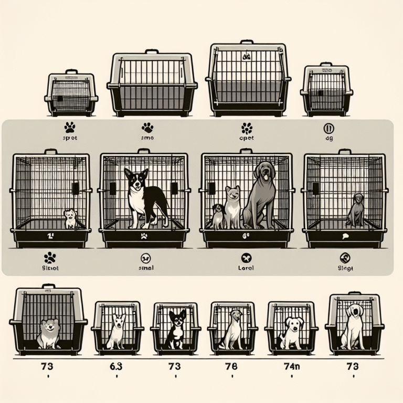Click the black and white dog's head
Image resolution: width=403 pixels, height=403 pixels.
(x=136, y=178)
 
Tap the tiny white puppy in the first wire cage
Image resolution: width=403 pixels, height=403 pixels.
(x=70, y=219)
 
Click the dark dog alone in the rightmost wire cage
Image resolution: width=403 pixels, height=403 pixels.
(x=358, y=210)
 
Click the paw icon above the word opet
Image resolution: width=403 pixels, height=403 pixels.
(x=246, y=128)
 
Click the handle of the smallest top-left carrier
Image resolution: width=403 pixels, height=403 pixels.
(x=71, y=72)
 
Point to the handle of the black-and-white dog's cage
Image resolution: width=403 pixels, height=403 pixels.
(x=144, y=151)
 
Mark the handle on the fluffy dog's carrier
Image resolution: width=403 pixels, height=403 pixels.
(x=48, y=287)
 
